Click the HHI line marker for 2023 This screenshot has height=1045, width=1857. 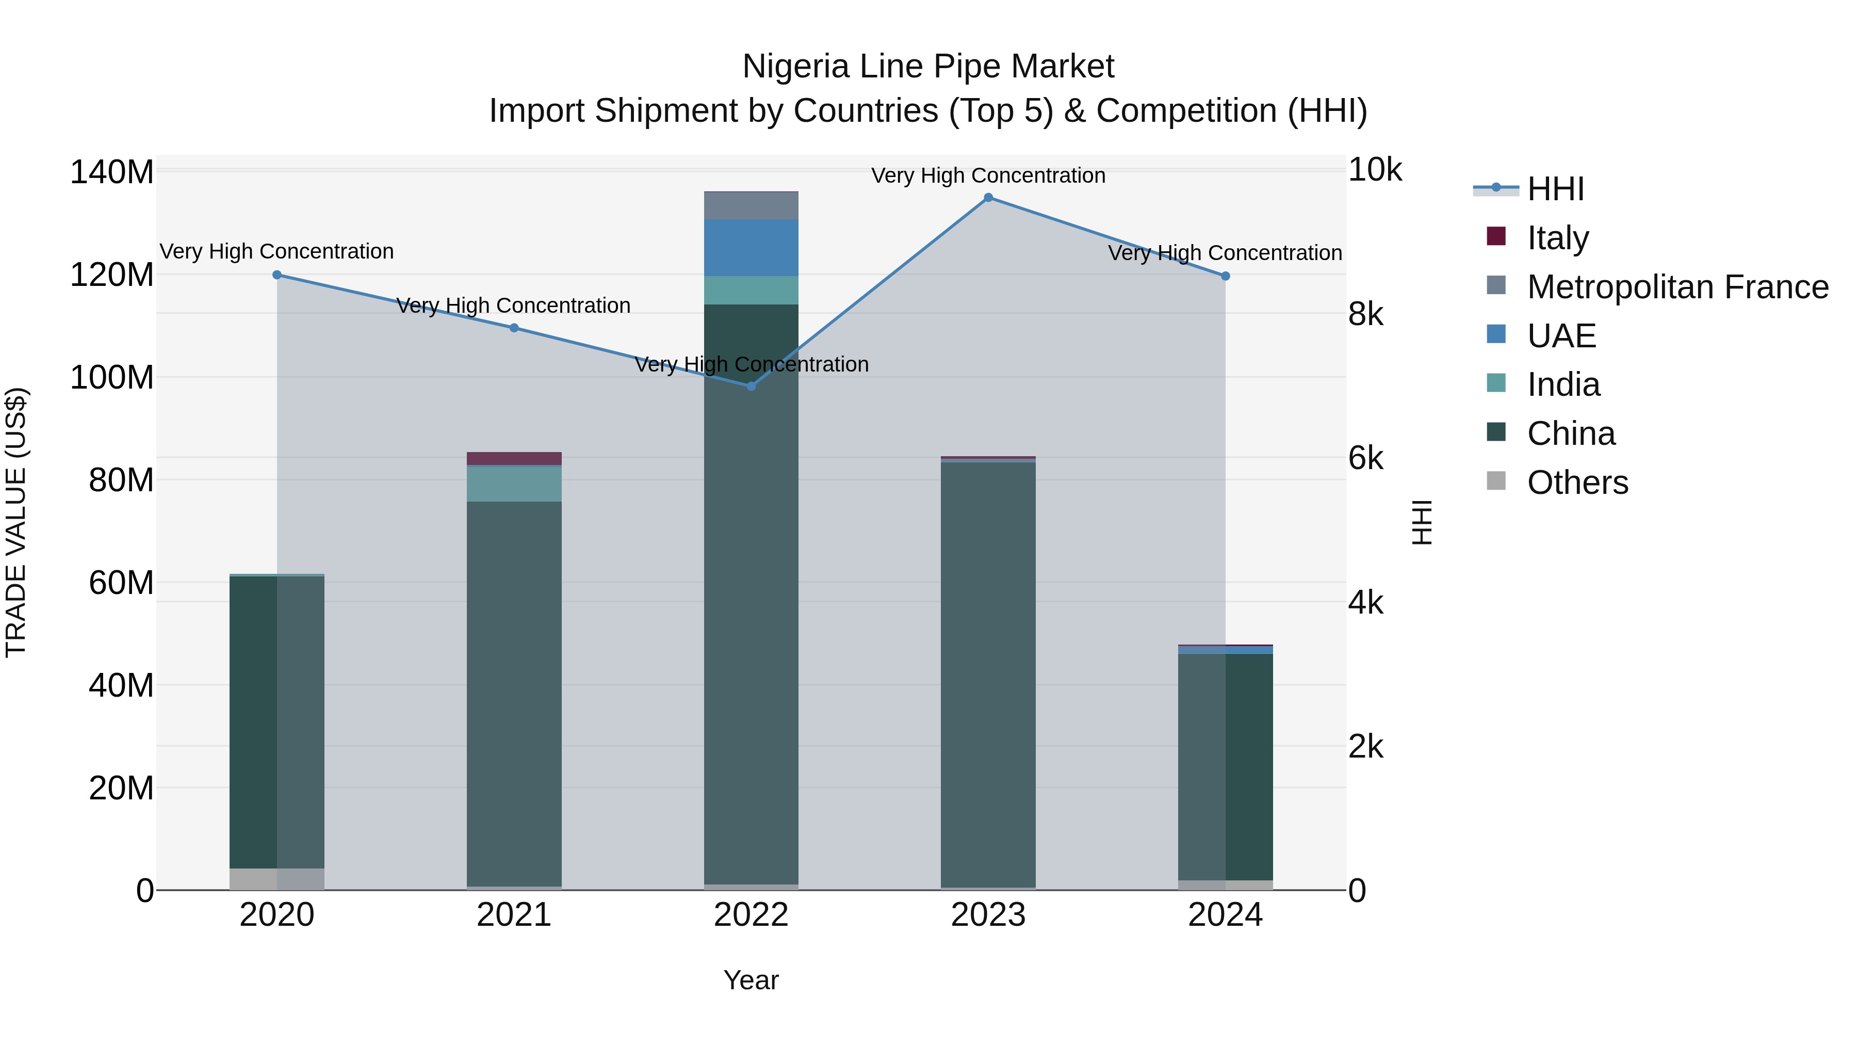988,198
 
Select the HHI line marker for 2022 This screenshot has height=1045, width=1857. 751,387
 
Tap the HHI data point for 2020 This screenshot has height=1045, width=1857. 277,275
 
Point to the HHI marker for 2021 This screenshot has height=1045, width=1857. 514,328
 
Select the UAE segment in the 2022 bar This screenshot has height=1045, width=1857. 751,247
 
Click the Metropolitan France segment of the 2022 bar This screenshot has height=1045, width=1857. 751,205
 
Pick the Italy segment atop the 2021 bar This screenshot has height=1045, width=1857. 514,459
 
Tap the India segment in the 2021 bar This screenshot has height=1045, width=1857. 514,484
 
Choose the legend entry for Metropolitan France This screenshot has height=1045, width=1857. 1677,287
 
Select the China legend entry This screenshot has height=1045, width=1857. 1570,433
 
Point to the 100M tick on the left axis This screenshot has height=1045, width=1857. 112,378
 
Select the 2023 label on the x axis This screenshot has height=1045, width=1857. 988,915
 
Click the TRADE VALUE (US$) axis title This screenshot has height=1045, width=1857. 16,522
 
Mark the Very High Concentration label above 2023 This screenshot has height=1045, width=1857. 988,175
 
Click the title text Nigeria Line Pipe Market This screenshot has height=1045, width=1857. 928,67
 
